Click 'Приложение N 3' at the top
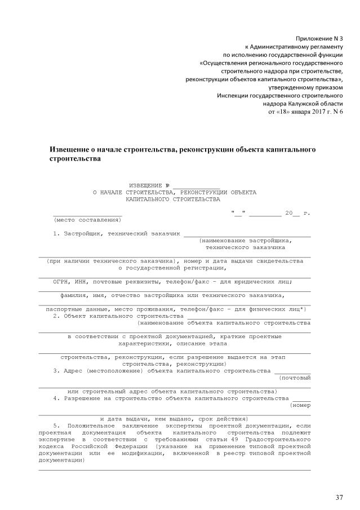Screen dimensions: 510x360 (319, 37)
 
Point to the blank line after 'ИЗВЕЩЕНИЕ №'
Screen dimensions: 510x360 (196, 185)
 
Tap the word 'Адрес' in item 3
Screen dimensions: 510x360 (73, 371)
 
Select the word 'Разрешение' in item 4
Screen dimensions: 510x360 (81, 398)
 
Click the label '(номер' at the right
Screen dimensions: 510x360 (300, 405)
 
